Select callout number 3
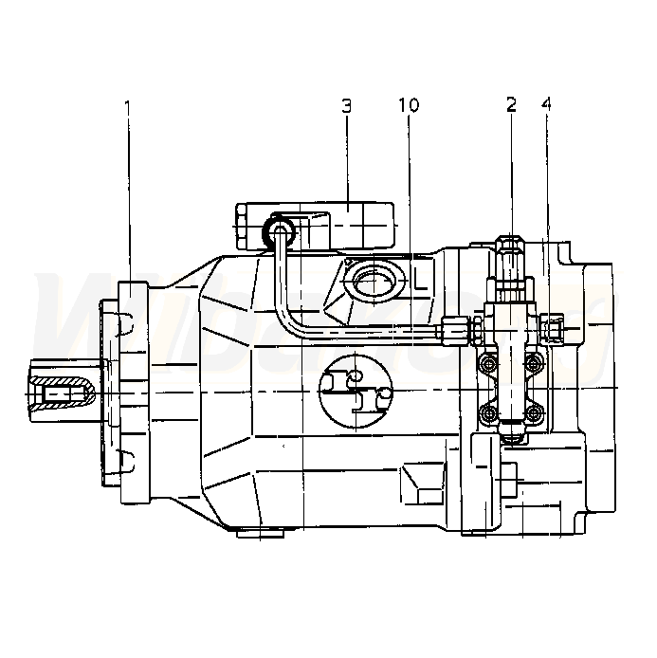pyautogui.click(x=346, y=106)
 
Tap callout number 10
pyautogui.click(x=409, y=105)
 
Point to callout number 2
pyautogui.click(x=511, y=104)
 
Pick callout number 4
pyautogui.click(x=546, y=104)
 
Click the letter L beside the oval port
pyautogui.click(x=420, y=281)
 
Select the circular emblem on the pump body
pyautogui.click(x=356, y=392)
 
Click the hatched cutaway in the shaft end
pyautogui.click(x=62, y=393)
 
